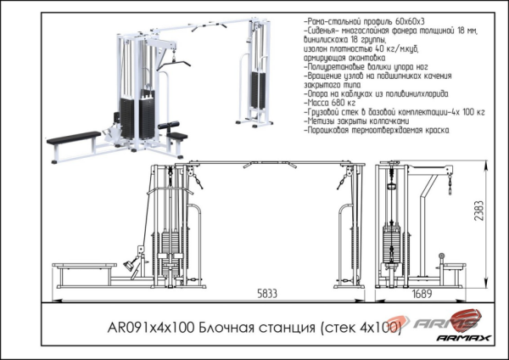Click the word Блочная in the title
coord(221,327)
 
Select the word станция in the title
coord(286,327)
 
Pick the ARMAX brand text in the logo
coord(463,338)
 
